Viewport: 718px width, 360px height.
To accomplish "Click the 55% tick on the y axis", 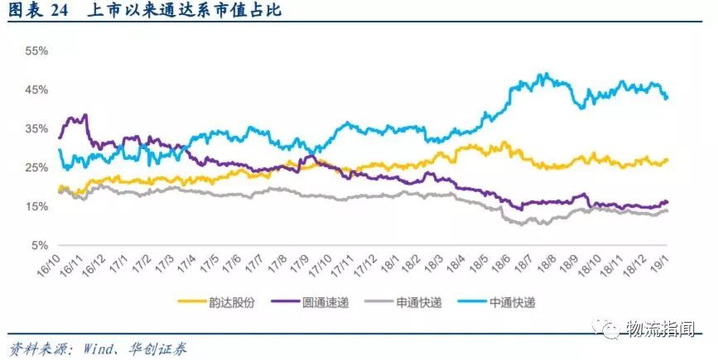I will pos(36,50).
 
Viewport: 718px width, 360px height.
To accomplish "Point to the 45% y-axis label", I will pos(36,89).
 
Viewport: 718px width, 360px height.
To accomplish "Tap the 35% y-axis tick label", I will pos(36,128).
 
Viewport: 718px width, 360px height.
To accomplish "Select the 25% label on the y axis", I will pos(36,167).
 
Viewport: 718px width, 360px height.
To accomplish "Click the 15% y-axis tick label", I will pos(36,206).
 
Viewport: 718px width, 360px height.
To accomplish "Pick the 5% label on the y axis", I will pos(40,246).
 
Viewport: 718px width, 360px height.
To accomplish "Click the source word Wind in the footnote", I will pos(99,348).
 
